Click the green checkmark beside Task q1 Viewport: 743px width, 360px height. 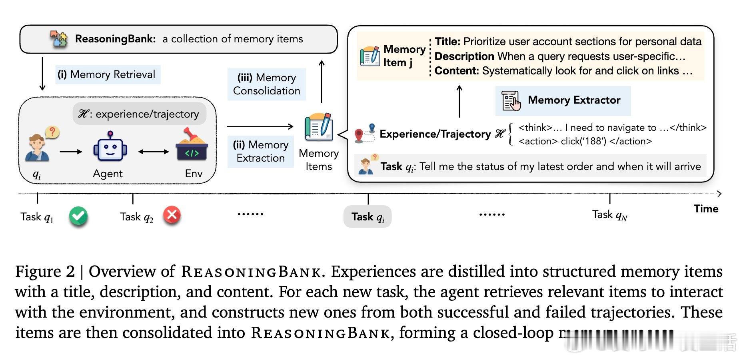pos(78,216)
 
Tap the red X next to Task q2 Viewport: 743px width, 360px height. pos(172,215)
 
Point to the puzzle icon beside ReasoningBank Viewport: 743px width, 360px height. pos(59,39)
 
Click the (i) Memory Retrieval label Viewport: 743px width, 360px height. pos(107,74)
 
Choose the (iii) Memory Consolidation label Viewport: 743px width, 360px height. pos(266,84)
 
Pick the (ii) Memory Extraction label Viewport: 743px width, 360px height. pos(261,151)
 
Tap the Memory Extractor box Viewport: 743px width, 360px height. pos(563,100)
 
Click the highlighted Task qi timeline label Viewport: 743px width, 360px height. pos(368,217)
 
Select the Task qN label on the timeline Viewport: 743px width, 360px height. pos(609,215)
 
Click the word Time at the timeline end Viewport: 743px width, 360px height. pos(706,209)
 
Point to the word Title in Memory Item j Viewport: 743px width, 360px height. pos(447,42)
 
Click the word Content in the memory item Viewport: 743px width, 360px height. pos(456,71)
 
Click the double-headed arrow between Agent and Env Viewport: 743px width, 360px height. pos(154,152)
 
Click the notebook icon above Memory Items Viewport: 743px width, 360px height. pos(318,127)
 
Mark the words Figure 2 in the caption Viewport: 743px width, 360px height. pos(45,272)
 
